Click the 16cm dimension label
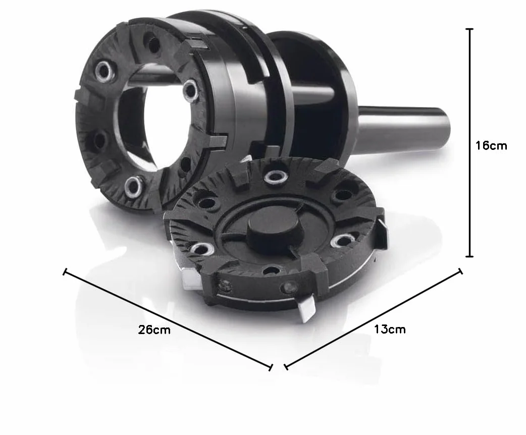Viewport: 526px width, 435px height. point(491,145)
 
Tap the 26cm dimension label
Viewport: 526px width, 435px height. point(154,330)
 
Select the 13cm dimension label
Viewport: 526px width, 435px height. point(390,330)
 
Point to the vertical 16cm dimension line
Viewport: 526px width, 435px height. point(470,143)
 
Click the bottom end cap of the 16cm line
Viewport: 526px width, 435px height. point(470,256)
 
